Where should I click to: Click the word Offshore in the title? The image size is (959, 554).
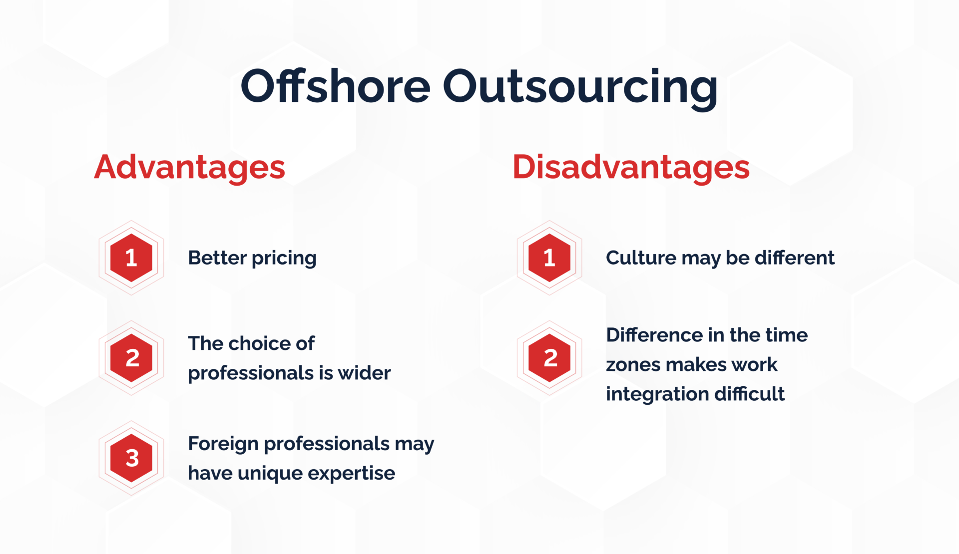click(x=335, y=86)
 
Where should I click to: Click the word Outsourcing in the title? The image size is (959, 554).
click(x=580, y=87)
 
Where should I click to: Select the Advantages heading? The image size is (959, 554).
click(x=190, y=167)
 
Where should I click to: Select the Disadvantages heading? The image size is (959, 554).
click(x=631, y=167)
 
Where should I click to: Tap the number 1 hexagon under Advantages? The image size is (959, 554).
click(x=131, y=258)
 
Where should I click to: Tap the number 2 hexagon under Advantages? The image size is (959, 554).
click(x=131, y=358)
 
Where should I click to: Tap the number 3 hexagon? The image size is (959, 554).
click(x=131, y=458)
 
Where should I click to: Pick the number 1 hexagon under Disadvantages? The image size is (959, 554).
click(x=549, y=258)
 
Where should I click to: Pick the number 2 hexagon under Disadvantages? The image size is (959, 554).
click(x=549, y=358)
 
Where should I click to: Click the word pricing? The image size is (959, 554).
click(x=284, y=259)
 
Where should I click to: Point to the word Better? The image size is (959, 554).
click(x=217, y=258)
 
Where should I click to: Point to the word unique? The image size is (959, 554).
click(x=270, y=474)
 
